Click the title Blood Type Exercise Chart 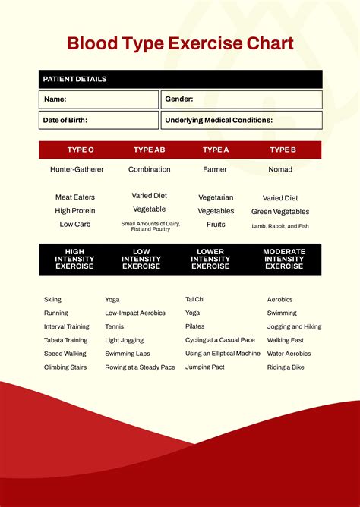[180, 43]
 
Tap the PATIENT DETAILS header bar [180, 79]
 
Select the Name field [99, 99]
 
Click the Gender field [241, 99]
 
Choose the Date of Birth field [99, 120]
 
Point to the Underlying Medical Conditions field [241, 120]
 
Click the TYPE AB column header [149, 150]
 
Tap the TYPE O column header [81, 150]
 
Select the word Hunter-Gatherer [77, 169]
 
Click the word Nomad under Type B [280, 169]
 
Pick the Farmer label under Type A [215, 169]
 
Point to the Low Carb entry [74, 225]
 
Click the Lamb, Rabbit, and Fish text [280, 225]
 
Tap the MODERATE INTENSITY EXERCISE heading [284, 259]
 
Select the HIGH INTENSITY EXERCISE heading [74, 259]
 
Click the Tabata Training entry [65, 340]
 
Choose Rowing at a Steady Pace [140, 367]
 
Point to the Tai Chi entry [194, 299]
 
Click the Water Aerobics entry [289, 354]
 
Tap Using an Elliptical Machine [223, 354]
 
